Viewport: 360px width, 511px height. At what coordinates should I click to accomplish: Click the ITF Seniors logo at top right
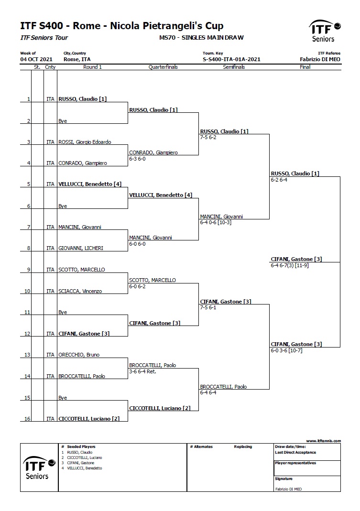click(x=325, y=31)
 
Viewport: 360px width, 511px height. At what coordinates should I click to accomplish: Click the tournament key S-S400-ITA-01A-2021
click(x=231, y=59)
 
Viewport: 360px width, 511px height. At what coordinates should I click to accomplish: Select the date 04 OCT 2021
click(x=36, y=59)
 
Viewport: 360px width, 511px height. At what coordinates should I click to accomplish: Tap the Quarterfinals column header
click(x=163, y=67)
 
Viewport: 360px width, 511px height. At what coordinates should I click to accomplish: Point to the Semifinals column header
click(x=234, y=67)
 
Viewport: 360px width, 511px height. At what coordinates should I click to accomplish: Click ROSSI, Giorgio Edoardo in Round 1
click(x=85, y=142)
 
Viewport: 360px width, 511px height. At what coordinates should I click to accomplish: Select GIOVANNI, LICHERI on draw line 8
click(x=81, y=249)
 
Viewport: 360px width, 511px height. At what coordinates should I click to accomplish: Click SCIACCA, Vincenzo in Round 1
click(x=80, y=291)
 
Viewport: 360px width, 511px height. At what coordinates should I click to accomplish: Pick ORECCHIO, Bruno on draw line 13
click(x=79, y=355)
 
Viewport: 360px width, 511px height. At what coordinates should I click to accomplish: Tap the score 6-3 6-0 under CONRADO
click(x=137, y=159)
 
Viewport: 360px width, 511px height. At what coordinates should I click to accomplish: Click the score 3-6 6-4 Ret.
click(x=142, y=371)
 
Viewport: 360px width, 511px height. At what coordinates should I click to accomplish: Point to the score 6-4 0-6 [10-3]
click(x=216, y=223)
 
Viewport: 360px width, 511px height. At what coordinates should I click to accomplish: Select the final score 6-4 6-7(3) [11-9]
click(x=290, y=266)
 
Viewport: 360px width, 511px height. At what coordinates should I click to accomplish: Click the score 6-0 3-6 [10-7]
click(x=287, y=351)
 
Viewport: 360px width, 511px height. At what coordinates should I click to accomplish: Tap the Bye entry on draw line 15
click(x=63, y=398)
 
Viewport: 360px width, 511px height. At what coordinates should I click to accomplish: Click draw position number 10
click(x=27, y=291)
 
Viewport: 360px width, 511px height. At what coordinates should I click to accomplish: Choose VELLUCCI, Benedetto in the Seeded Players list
click(x=85, y=468)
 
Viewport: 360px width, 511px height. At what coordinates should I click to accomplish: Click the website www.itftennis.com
click(x=324, y=441)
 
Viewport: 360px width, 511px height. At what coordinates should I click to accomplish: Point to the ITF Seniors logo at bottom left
click(x=39, y=468)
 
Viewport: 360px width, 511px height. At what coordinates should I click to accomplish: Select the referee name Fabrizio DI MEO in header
click(x=320, y=59)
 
